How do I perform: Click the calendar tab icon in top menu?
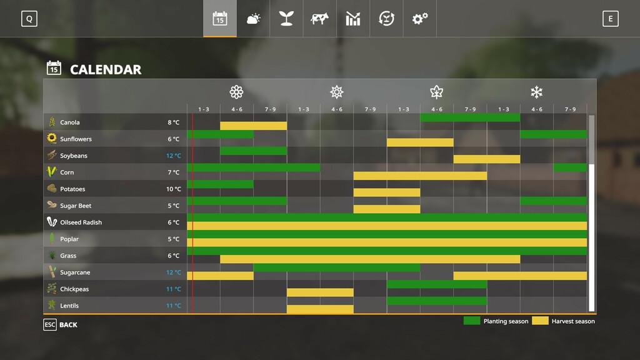[x=219, y=19]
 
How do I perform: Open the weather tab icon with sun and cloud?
[x=253, y=19]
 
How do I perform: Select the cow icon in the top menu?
[x=319, y=19]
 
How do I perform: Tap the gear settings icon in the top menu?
[x=419, y=19]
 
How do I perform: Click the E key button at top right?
[x=610, y=19]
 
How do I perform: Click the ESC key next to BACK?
[x=50, y=325]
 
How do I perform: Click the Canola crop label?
[x=70, y=122]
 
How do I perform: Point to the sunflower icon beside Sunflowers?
[x=52, y=139]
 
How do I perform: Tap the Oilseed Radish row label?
[x=81, y=222]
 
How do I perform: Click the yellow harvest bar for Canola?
[x=253, y=126]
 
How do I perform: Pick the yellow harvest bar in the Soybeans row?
[x=486, y=159]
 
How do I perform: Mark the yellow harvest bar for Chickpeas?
[x=320, y=292]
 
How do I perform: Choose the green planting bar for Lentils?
[x=436, y=301]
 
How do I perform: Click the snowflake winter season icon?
[x=536, y=92]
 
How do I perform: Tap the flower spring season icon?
[x=236, y=92]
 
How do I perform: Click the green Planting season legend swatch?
[x=472, y=321]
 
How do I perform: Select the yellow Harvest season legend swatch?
[x=540, y=321]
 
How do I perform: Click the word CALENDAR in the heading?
[x=106, y=69]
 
